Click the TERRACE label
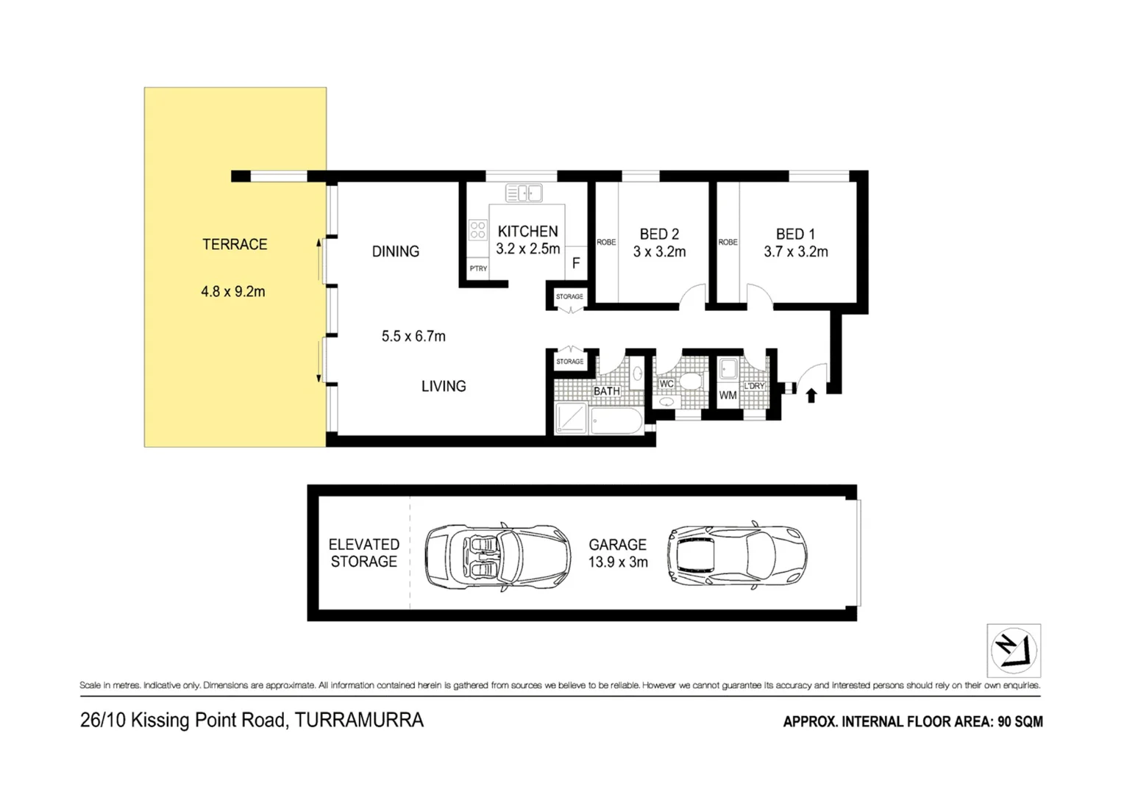coord(235,244)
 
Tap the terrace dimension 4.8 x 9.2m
coord(232,291)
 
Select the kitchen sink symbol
coord(524,193)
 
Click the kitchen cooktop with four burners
coord(477,230)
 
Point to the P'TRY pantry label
coord(478,268)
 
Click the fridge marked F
coord(576,263)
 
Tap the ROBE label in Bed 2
coord(606,242)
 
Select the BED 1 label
coord(795,234)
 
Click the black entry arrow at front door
coord(811,396)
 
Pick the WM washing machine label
coord(728,396)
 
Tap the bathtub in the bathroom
coord(616,419)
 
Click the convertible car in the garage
coord(498,555)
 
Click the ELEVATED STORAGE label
coord(363,553)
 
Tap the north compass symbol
coord(1013,651)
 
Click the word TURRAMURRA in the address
coord(359,720)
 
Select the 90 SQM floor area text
coord(1020,722)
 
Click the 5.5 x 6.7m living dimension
coord(413,336)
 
